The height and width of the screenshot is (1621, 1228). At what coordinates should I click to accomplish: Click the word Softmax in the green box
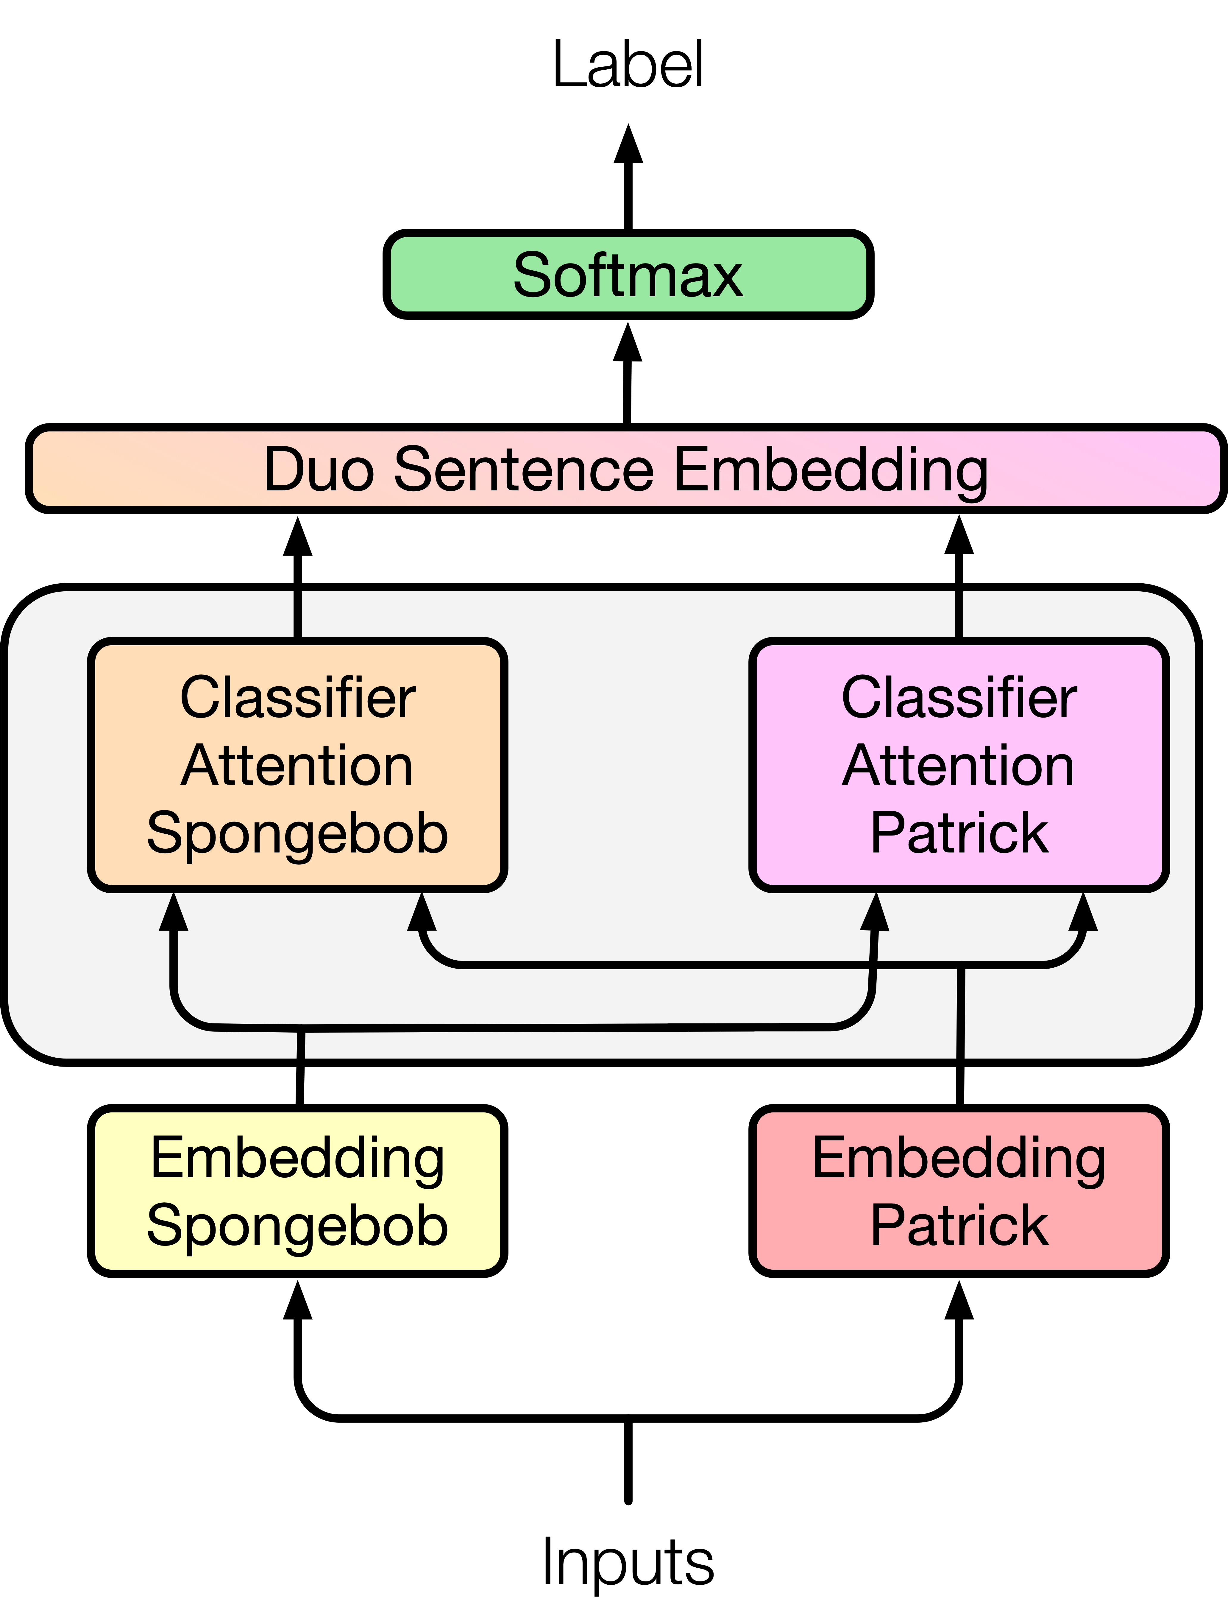628,275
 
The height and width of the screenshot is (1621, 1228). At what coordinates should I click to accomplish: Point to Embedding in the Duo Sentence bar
831,470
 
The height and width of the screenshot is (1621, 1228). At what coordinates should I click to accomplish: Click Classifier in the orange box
297,698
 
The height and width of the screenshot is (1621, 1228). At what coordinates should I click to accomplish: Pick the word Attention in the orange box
297,766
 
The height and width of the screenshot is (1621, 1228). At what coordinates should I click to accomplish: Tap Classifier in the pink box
959,698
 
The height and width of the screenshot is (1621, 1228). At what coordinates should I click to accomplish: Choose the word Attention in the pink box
959,766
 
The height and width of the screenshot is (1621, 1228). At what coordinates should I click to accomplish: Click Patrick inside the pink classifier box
959,833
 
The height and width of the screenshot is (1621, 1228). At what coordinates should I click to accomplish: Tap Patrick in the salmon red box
959,1225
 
